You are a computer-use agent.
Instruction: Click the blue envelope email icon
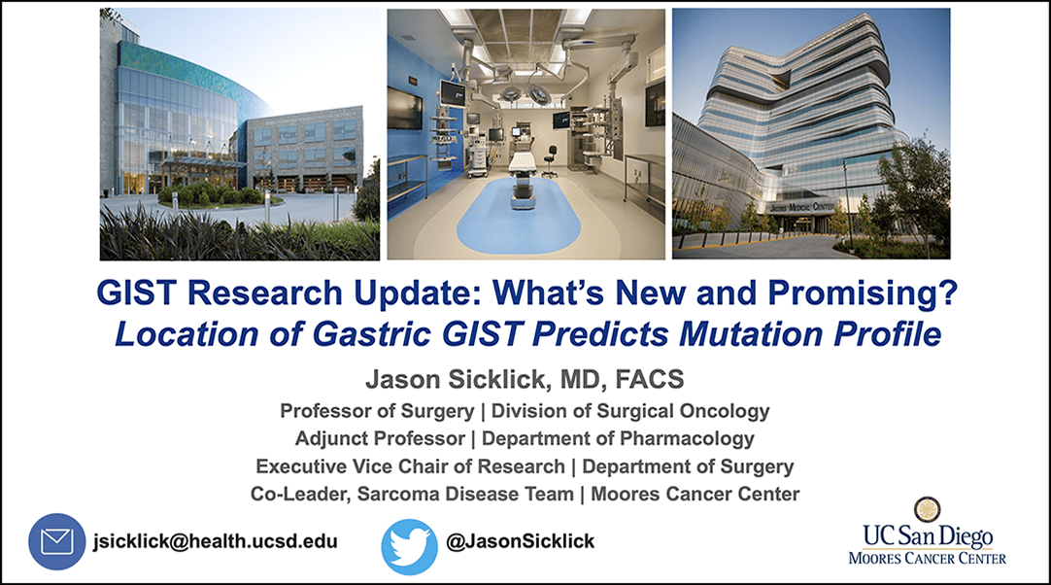coord(57,541)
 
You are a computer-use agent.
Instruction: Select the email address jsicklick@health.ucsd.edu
coord(216,541)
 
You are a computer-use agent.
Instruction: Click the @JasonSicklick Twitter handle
coord(520,541)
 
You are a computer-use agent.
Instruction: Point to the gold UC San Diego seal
coord(927,510)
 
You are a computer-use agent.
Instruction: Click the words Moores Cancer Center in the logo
coord(927,558)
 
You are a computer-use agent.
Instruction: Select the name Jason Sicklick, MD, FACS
coord(525,380)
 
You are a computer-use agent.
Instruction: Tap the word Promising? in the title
coord(863,293)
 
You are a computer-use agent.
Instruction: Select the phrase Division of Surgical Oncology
coord(630,411)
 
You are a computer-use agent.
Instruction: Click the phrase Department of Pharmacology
coord(618,439)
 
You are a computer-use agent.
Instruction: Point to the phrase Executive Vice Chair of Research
coord(410,466)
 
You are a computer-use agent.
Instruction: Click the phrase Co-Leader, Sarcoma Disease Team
coord(412,495)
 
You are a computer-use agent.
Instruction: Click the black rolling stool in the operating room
coord(551,161)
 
